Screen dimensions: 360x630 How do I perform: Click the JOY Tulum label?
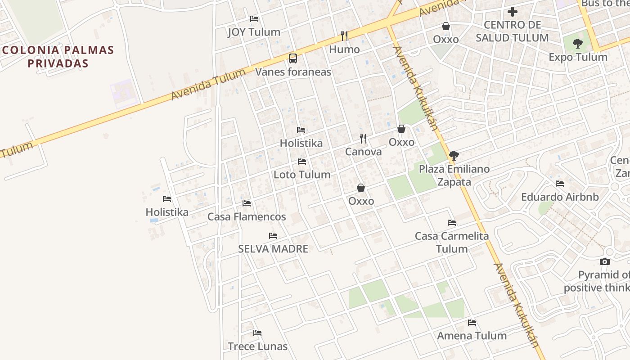[x=254, y=32]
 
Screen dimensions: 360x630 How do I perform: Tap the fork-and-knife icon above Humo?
[x=344, y=36]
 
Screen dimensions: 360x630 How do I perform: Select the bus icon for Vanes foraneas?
[x=293, y=58]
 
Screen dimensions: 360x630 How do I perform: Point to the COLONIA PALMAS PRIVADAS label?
[x=58, y=57]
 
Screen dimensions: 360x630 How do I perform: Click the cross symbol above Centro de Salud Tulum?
[x=512, y=12]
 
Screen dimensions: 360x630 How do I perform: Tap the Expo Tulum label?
[x=578, y=58]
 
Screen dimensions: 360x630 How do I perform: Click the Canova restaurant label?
[x=363, y=152]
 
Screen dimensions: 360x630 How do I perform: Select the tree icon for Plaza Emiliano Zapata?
[x=454, y=156]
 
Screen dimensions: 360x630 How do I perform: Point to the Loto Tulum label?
[x=302, y=175]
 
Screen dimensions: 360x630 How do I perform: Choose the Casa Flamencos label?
[x=247, y=217]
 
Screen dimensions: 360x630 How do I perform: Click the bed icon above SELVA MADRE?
[x=273, y=236]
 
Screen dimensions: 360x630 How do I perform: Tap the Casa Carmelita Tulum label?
[x=452, y=243]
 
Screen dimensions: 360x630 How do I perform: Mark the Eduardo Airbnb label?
[x=560, y=197]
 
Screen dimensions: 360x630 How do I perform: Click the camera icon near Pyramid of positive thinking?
[x=605, y=262]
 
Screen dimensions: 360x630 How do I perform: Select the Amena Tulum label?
[x=472, y=336]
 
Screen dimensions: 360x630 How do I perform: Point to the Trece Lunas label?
[x=257, y=346]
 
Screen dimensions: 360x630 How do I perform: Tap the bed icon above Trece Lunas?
[x=257, y=333]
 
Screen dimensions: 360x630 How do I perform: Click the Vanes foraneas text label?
[x=293, y=72]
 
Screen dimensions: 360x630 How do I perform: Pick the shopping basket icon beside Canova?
[x=401, y=129]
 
